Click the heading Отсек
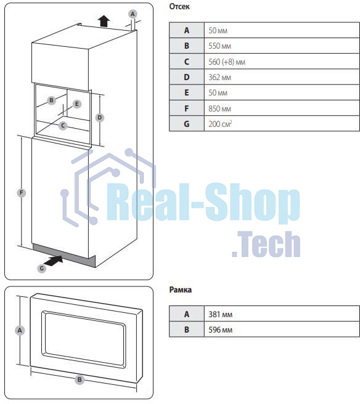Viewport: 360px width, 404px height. [x=179, y=6]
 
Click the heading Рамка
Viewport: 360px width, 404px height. [x=180, y=289]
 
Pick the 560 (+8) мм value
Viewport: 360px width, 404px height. [x=227, y=62]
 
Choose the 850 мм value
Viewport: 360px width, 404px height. [x=219, y=108]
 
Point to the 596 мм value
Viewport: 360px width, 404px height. [x=220, y=329]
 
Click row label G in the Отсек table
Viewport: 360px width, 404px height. [x=187, y=124]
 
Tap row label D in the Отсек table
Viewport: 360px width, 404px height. [x=187, y=77]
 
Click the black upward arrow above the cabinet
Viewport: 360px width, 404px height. [x=104, y=21]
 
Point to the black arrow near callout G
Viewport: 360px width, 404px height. [x=54, y=261]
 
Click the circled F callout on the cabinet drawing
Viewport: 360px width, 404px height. [x=22, y=193]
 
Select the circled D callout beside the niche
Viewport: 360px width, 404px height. [x=99, y=118]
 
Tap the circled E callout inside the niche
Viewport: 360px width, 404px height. [x=76, y=104]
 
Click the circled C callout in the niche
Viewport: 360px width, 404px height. [x=63, y=126]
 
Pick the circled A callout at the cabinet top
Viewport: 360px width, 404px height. [x=133, y=14]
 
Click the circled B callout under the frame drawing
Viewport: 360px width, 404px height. [x=80, y=379]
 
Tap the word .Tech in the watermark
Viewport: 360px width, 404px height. [x=266, y=244]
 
